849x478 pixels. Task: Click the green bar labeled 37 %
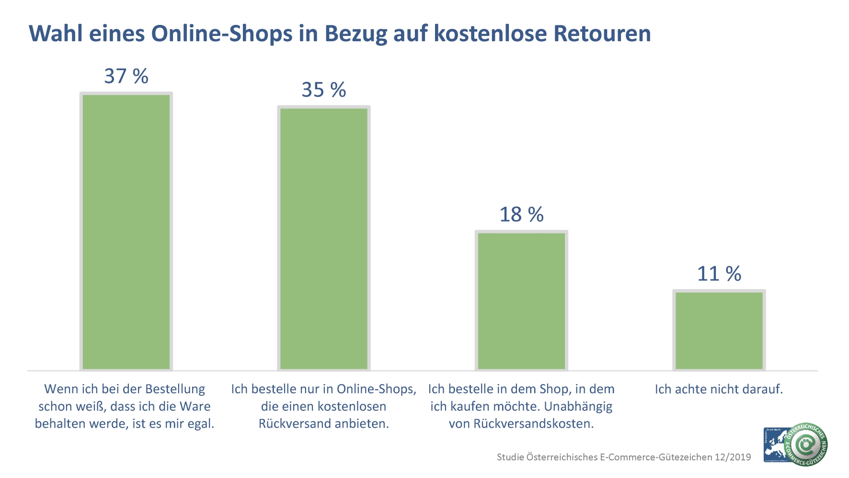(126, 232)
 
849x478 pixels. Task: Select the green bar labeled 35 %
(324, 238)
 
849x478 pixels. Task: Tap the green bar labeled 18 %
(521, 301)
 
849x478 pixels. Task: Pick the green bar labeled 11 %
(719, 330)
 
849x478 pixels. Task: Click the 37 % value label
(126, 76)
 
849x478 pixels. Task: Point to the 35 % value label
(324, 90)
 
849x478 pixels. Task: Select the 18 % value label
(521, 214)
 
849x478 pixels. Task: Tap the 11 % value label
(719, 274)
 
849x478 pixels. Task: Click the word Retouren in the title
(602, 34)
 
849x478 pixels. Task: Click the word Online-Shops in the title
(222, 34)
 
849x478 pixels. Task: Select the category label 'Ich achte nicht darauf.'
(719, 389)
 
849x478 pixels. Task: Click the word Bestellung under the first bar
(175, 389)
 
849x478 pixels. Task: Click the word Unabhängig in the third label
(578, 407)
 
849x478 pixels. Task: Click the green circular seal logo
(806, 444)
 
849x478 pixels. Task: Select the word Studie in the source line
(510, 457)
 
